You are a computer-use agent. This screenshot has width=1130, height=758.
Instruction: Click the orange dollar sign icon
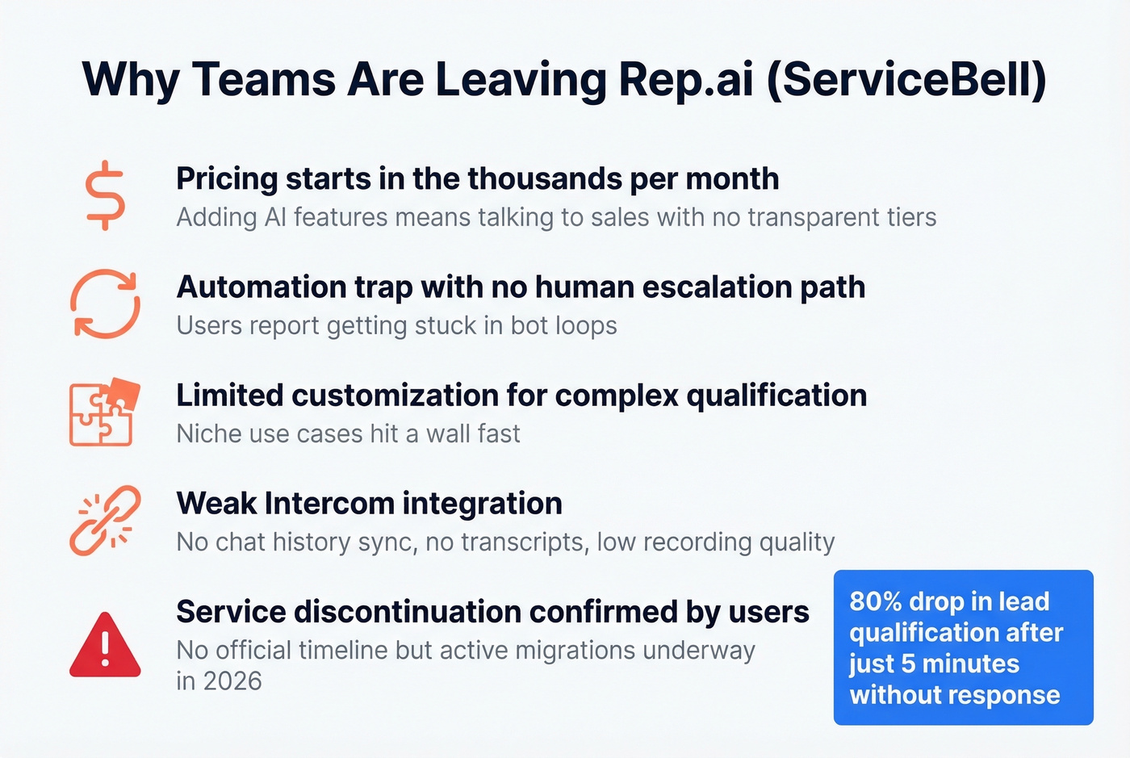pos(106,195)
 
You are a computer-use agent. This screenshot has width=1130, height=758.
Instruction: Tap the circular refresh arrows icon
pos(105,304)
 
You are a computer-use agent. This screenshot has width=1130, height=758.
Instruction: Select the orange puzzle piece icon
pos(104,412)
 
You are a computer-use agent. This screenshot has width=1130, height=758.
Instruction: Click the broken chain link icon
pos(105,521)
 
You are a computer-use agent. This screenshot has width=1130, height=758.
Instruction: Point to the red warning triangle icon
pos(105,646)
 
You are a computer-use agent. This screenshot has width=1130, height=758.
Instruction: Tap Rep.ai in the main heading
pos(685,79)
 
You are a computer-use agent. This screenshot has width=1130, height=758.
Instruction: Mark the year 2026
pos(232,681)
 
